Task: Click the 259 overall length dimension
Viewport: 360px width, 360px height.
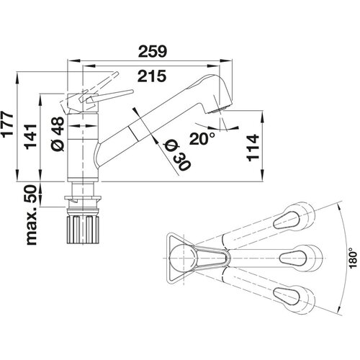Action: click(x=152, y=51)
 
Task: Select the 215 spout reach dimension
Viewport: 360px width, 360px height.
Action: click(x=152, y=76)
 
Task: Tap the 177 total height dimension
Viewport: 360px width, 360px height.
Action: click(x=8, y=125)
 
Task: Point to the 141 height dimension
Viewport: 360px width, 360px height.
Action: click(x=31, y=137)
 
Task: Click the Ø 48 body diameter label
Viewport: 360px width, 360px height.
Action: click(x=58, y=134)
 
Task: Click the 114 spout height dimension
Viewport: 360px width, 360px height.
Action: click(x=253, y=148)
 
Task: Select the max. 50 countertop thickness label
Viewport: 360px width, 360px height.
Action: click(x=32, y=215)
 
